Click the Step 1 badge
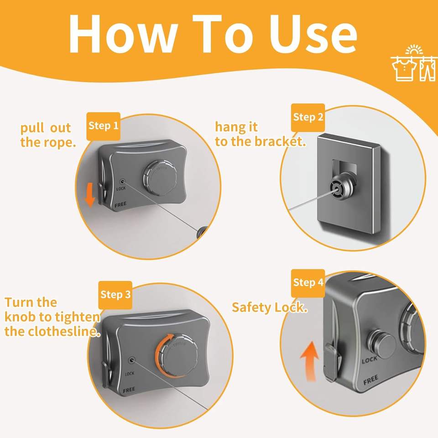coord(104,126)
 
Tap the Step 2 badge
coord(308,118)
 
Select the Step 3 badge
coord(115,295)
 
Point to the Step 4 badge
coord(308,283)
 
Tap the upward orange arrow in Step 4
coord(309,362)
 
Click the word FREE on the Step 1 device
coord(120,204)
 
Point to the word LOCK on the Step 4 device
coord(369,360)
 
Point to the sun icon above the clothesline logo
coord(414,49)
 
